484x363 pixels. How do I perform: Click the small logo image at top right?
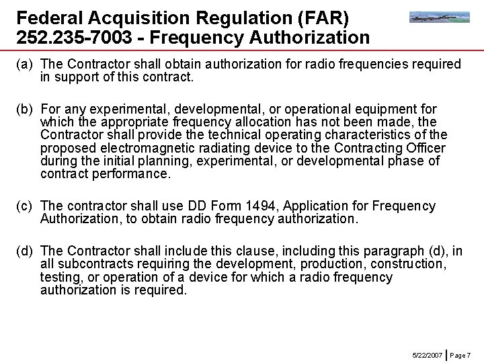(440, 17)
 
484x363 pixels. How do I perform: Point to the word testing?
(61, 277)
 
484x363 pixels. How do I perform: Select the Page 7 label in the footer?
(460, 354)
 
